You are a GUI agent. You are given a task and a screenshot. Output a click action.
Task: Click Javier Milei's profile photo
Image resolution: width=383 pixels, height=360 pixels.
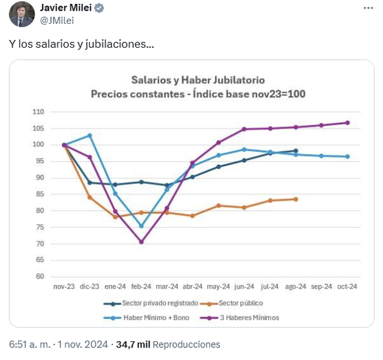coord(22,14)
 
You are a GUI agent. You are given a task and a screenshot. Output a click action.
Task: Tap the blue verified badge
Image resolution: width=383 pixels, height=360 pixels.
coord(99,8)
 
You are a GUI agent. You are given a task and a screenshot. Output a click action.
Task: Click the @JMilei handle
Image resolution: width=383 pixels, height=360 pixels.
coord(57,21)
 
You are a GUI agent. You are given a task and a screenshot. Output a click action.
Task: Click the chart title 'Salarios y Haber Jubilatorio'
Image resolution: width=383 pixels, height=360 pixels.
coord(198,80)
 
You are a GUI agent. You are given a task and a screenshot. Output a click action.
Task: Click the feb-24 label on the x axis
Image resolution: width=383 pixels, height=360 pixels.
coord(141,286)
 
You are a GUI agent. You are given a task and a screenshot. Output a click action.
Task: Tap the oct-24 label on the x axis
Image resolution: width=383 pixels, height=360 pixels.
coord(347,286)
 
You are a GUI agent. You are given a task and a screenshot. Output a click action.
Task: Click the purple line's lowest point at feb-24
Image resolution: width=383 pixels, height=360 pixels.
coord(141,241)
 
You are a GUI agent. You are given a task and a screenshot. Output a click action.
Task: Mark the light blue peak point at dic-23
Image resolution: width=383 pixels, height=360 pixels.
coord(90,135)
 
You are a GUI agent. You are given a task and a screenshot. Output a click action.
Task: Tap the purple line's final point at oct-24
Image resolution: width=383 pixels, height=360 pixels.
coord(347,123)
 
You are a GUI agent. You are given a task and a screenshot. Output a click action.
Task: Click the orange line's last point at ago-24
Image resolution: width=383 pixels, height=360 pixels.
coord(296,199)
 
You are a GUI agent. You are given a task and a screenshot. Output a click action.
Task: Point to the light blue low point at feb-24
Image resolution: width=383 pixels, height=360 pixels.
coord(141,226)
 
